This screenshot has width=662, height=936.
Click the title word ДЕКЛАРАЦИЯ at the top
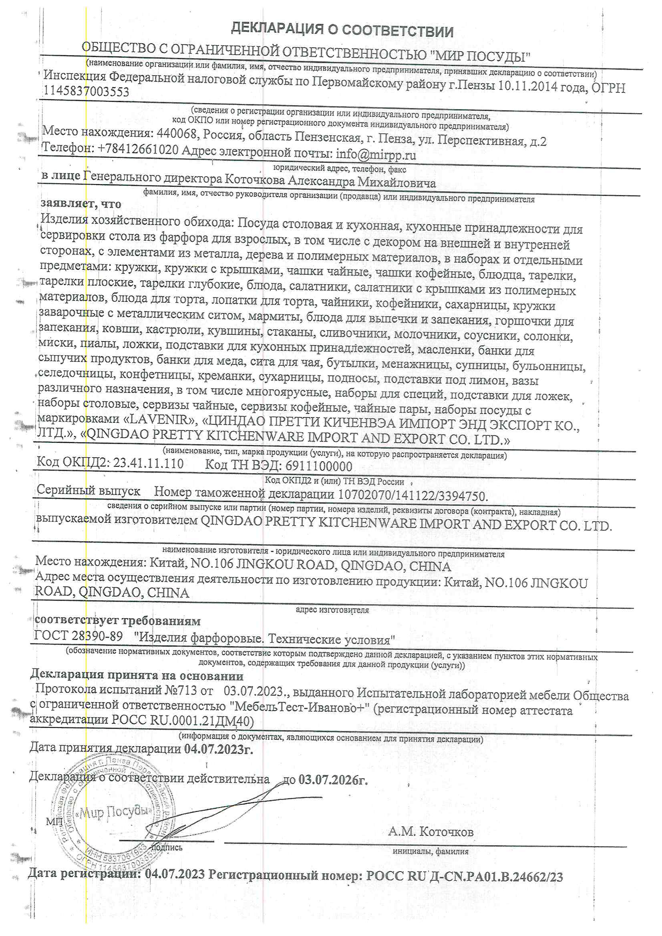(277, 29)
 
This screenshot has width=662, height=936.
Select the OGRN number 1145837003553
(86, 92)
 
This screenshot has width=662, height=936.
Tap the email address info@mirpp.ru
(376, 155)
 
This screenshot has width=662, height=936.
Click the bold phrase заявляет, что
(81, 203)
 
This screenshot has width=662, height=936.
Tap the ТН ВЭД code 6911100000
(318, 466)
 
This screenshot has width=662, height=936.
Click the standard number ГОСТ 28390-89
(78, 637)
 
